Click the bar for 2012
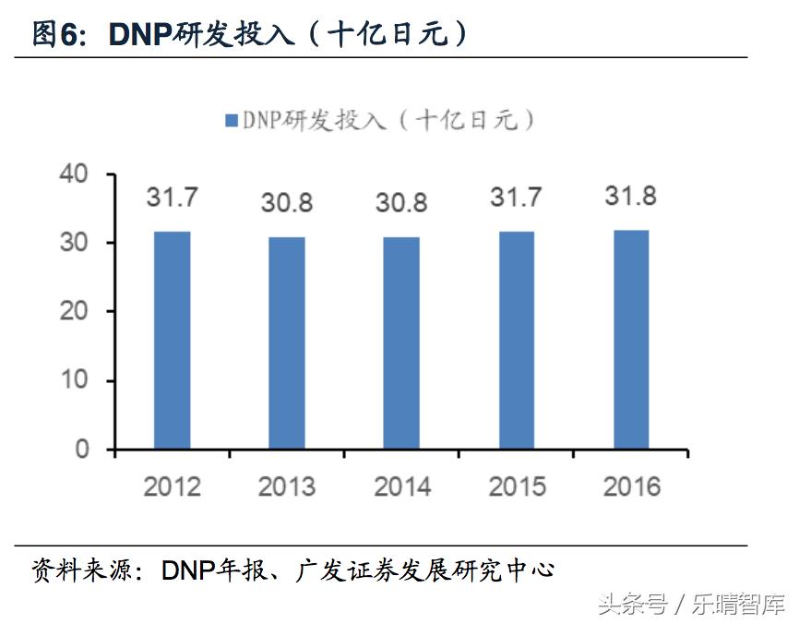click(x=172, y=340)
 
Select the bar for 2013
click(x=287, y=342)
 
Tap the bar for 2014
click(x=401, y=342)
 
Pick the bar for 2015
click(x=517, y=340)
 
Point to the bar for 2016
click(x=631, y=339)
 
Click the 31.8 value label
click(x=631, y=197)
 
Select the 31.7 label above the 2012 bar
click(x=172, y=198)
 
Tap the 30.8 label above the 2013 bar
click(x=287, y=203)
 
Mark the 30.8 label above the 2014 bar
click(x=401, y=203)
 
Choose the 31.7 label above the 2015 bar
click(x=517, y=198)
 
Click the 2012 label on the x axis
click(x=172, y=486)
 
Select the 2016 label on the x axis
click(x=631, y=486)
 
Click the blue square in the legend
click(x=231, y=120)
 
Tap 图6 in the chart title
click(x=57, y=34)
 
